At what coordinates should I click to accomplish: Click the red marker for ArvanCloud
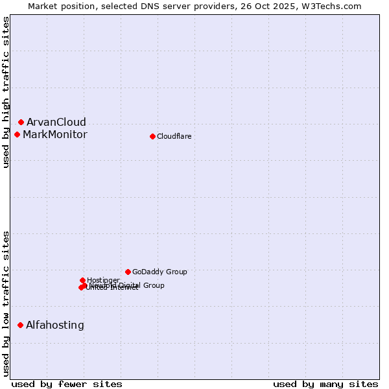point(21,122)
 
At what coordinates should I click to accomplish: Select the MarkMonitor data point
point(17,134)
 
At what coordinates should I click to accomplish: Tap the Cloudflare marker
point(152,136)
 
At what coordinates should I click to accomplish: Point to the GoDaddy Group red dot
point(128,272)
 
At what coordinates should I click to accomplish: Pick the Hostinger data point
point(82,280)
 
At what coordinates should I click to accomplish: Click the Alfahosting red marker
point(20,325)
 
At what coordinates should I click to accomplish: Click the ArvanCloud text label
point(56,122)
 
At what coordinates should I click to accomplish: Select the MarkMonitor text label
point(54,134)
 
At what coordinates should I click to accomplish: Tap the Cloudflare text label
point(174,136)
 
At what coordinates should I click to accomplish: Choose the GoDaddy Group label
point(159,272)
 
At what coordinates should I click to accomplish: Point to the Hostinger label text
point(103,280)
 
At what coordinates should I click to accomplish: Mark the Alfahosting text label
point(54,325)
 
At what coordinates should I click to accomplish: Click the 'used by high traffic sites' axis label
point(6,92)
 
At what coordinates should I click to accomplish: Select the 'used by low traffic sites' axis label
point(6,303)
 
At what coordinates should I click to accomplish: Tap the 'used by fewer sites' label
point(67,384)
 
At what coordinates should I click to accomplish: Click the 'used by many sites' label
point(325,384)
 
